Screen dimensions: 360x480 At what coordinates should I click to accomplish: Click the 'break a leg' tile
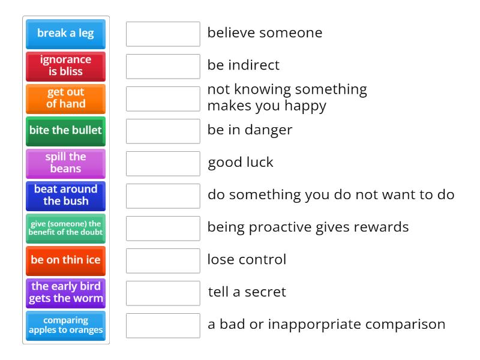tap(65, 34)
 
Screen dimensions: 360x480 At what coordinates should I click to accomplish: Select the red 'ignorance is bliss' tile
tap(65, 66)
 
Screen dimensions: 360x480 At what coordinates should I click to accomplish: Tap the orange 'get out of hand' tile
tap(65, 98)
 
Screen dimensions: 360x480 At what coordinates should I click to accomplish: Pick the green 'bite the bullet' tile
tap(65, 131)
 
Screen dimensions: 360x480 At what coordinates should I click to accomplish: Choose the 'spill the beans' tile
tap(65, 163)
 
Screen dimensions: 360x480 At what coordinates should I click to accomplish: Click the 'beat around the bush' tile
tap(65, 196)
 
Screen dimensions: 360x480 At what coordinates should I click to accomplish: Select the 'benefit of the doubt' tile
tap(65, 228)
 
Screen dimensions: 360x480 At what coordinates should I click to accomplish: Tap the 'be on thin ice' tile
tap(65, 260)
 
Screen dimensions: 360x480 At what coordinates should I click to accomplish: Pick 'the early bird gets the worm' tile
tap(65, 293)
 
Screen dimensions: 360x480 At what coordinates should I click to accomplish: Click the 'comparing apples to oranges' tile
tap(65, 325)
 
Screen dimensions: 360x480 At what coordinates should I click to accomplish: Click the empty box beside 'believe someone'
tap(163, 34)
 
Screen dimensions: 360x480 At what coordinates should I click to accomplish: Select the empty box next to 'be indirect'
tap(163, 66)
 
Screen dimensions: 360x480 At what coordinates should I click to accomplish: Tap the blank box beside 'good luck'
tap(163, 163)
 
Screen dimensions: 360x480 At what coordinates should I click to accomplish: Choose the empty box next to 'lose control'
tap(163, 260)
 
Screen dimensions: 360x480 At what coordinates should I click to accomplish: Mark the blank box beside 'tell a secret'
tap(163, 293)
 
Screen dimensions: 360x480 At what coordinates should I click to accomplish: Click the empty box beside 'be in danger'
tap(163, 131)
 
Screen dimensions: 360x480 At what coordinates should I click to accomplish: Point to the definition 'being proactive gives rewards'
tap(308, 227)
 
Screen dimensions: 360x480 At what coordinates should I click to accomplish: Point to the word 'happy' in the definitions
tap(306, 106)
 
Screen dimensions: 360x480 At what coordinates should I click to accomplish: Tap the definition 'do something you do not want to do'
tap(331, 195)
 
